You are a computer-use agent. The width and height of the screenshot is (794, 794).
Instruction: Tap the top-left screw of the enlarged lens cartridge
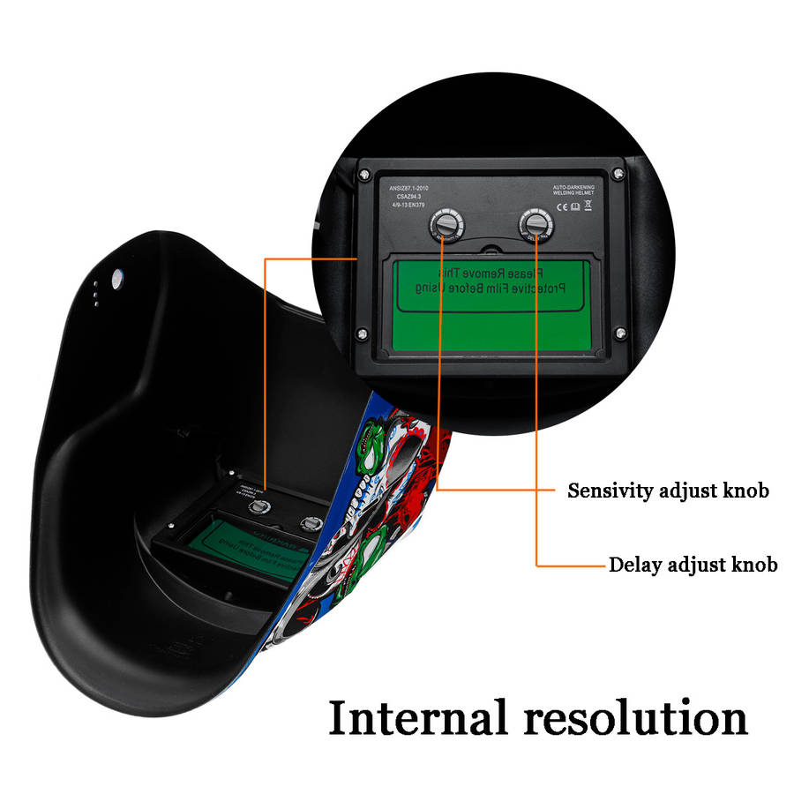point(363,175)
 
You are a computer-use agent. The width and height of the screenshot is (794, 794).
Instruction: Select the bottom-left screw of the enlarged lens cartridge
point(363,333)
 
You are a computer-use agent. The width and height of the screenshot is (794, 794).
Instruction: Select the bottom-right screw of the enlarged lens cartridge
point(620,333)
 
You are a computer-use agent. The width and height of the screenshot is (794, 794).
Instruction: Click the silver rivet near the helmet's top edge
point(115,278)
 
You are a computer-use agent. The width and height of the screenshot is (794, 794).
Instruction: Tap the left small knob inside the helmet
point(258,506)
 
